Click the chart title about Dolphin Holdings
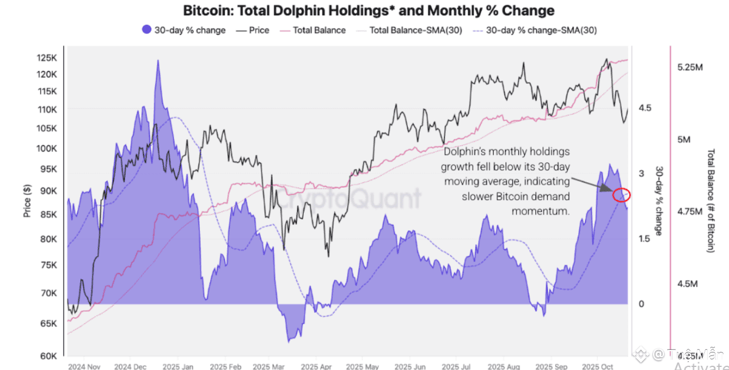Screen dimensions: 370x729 point(369,10)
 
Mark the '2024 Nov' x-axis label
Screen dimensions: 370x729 point(84,367)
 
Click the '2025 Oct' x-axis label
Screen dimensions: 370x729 point(598,367)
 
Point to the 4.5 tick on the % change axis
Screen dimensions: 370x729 point(645,108)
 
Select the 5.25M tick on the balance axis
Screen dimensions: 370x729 point(690,67)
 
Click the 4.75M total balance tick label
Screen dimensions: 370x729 point(690,211)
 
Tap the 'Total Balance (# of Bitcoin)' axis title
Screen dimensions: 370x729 point(711,200)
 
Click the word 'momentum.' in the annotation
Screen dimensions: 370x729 point(541,211)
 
